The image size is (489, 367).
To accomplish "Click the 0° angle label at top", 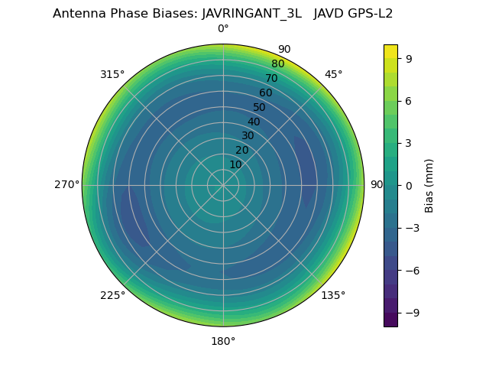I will coord(223,29).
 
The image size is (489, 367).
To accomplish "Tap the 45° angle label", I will coord(333,74).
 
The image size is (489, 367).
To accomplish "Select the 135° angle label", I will coord(333,295).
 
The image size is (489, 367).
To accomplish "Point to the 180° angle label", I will coord(223,341).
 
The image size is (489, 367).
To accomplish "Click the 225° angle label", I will coord(112,295).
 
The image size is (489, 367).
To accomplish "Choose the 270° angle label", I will coord(66,185).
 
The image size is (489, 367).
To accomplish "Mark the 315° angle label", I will coord(112,74).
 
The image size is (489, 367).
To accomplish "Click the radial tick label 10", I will coord(235,164).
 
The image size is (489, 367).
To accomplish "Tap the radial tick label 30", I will coord(248,136).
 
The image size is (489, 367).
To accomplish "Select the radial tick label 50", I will coord(260,107).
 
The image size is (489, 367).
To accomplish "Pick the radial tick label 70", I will coord(272,78).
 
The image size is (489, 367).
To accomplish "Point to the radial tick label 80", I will coord(278,64).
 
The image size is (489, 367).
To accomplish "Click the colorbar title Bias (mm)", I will coord(429,185).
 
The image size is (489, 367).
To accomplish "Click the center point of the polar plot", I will coord(223,185).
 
